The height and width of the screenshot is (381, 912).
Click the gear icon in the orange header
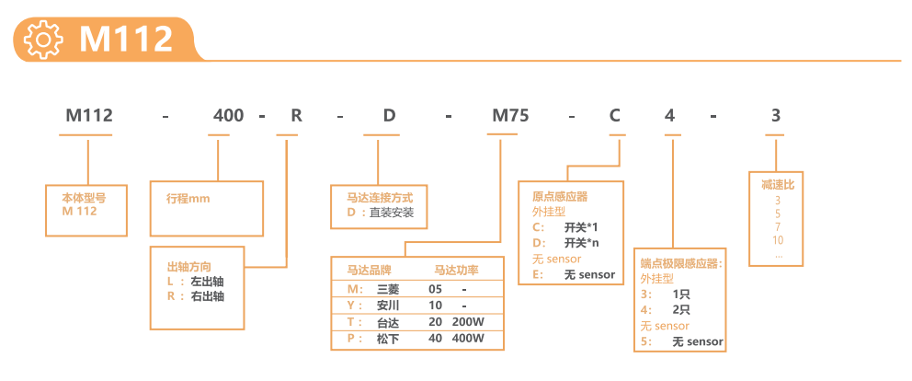(43, 40)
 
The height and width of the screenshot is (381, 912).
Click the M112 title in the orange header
(126, 40)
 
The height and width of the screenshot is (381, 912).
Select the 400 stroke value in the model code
(228, 116)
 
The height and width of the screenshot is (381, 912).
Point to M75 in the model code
(509, 116)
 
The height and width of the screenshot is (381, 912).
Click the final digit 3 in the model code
(775, 116)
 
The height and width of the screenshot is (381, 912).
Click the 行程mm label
(188, 198)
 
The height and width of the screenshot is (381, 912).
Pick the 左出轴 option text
(207, 281)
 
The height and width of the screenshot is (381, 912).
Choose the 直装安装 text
(392, 213)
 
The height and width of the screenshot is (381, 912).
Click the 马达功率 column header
(456, 270)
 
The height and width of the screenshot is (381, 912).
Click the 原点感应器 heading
(559, 196)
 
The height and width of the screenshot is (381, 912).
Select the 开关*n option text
(581, 243)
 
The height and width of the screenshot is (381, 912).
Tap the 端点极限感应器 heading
(681, 263)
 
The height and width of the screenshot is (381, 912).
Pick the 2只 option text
(681, 310)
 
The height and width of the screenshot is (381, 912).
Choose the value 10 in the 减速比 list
(778, 240)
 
